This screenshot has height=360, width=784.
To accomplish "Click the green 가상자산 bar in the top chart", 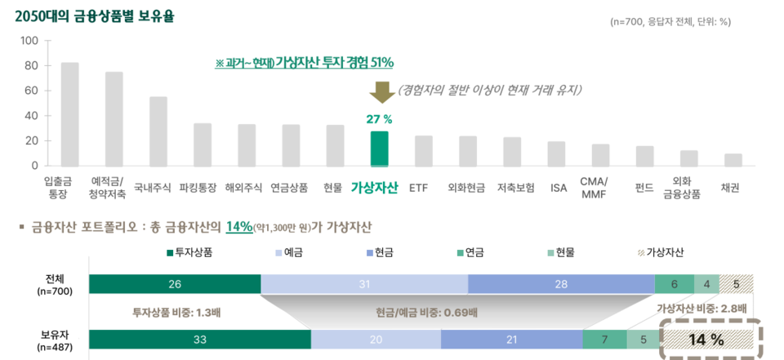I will pos(379,148).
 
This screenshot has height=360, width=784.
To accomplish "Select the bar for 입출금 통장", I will pos(69,113).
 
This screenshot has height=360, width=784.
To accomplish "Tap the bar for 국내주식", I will pos(158,131).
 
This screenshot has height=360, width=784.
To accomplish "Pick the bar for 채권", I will pos(733,159).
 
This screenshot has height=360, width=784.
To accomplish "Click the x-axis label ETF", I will pos(418,188).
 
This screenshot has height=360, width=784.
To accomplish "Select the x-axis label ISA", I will pos(559,188).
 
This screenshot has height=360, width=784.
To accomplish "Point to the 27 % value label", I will pos(379,119).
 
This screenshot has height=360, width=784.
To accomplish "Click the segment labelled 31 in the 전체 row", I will pos(364,283).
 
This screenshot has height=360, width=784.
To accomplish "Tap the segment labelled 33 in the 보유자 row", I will pos(199,340).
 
